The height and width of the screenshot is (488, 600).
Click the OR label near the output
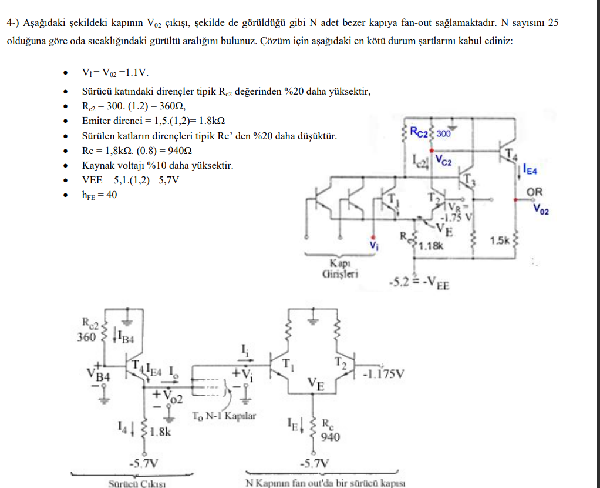(535, 192)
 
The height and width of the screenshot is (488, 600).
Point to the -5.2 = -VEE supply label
(419, 284)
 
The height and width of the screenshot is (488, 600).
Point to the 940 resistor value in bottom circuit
(331, 436)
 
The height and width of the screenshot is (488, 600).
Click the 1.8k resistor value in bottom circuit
(160, 432)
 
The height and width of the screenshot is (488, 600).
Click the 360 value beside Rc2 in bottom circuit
(86, 337)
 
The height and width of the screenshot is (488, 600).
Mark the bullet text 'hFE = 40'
(99, 195)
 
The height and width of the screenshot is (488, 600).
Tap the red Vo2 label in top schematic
(541, 209)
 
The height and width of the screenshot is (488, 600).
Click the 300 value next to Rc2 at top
(443, 133)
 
